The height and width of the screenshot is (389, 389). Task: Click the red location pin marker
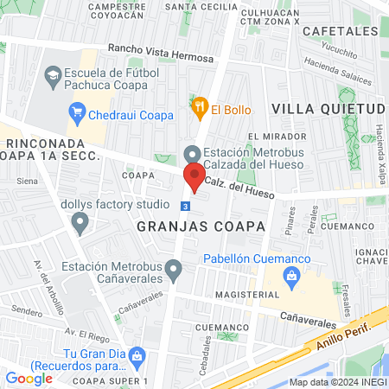(x=194, y=177)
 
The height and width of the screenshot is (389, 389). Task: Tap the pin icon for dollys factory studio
(x=81, y=224)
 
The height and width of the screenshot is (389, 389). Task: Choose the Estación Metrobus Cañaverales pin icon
(x=174, y=272)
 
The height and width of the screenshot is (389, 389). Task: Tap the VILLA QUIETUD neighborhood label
(x=326, y=109)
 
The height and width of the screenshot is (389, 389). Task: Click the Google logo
(x=29, y=378)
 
